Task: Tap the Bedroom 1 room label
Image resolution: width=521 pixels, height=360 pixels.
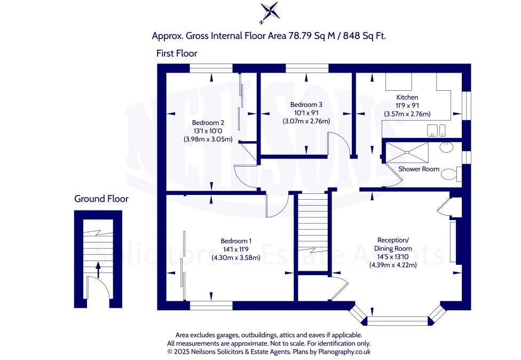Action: click(235, 241)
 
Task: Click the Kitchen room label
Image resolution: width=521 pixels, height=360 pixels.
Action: click(407, 97)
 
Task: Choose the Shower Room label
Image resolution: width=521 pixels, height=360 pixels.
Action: click(419, 169)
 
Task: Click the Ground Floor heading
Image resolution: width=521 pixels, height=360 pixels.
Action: click(101, 199)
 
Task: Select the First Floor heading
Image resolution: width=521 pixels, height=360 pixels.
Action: click(177, 53)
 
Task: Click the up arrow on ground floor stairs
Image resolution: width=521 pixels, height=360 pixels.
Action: click(98, 270)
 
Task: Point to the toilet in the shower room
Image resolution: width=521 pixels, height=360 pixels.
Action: click(450, 173)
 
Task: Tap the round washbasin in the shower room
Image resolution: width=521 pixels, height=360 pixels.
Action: click(446, 147)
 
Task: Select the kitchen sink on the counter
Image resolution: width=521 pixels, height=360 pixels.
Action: click(436, 131)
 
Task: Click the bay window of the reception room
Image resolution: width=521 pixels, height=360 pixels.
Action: click(398, 319)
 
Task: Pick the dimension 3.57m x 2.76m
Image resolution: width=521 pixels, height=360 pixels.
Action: click(407, 114)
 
